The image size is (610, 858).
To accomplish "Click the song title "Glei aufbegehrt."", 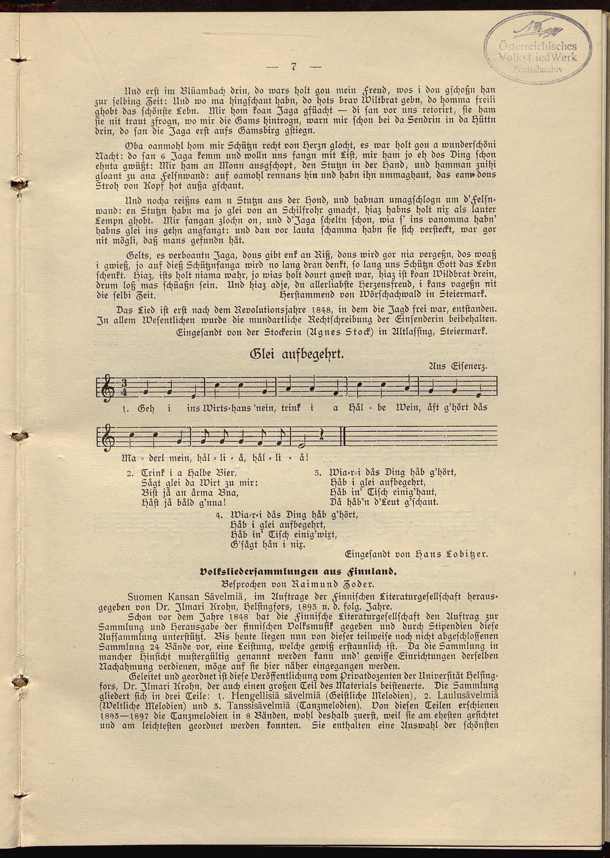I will (297, 354).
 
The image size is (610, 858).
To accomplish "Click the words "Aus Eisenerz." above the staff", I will (457, 367).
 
